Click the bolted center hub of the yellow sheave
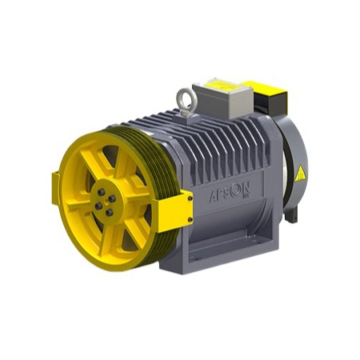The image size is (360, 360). point(104,198)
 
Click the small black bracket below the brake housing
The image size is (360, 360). point(298,214)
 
